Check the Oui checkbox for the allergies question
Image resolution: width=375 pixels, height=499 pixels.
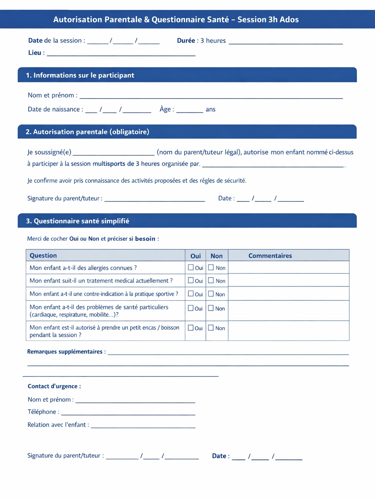(191, 267)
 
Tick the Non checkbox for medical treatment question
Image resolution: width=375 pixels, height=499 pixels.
(211, 280)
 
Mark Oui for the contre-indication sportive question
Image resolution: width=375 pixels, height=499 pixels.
(191, 293)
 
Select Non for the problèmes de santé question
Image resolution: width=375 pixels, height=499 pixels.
(211, 308)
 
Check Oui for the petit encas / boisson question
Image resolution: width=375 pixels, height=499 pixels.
(191, 328)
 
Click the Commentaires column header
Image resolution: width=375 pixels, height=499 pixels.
(270, 256)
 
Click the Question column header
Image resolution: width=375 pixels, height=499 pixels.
(43, 255)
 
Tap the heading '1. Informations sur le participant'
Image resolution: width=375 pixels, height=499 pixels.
(80, 75)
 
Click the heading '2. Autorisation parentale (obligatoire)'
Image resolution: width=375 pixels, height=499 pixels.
(88, 132)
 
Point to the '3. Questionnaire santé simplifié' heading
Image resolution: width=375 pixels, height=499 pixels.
(78, 221)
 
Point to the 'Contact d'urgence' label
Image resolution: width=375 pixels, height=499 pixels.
(54, 386)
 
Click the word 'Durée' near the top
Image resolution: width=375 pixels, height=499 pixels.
(186, 41)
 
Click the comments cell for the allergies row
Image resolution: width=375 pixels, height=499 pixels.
(289, 267)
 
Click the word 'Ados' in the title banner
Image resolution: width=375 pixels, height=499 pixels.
(289, 19)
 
